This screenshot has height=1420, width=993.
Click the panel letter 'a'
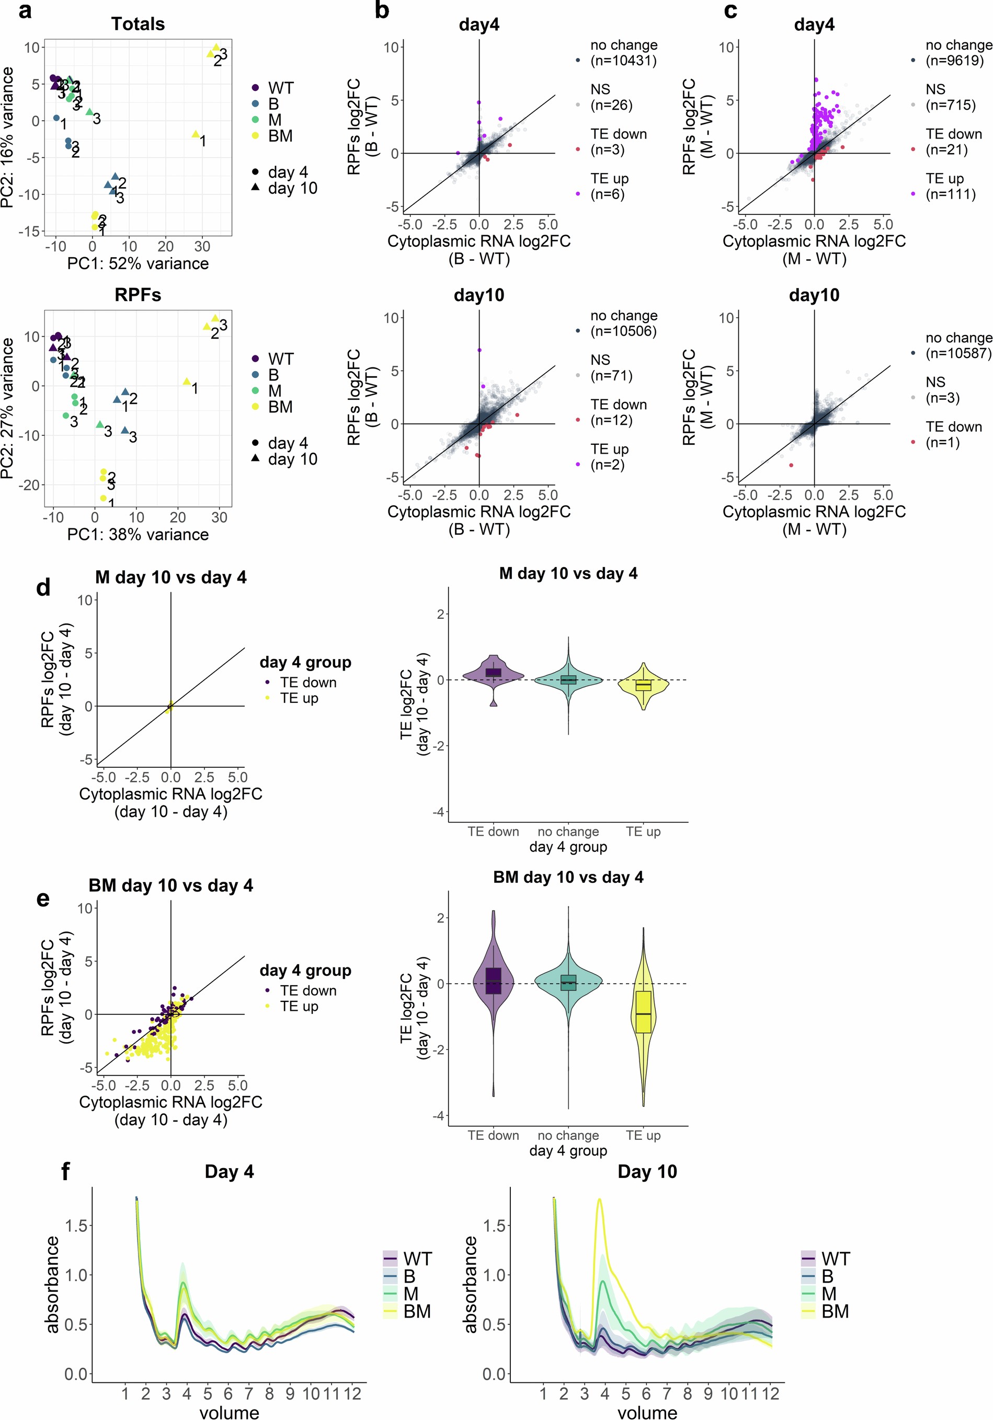click(x=25, y=10)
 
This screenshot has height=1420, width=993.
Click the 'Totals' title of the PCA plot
click(x=138, y=24)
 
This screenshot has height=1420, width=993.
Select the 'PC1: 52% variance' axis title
click(x=138, y=264)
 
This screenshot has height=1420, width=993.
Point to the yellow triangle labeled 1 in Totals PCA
click(x=196, y=134)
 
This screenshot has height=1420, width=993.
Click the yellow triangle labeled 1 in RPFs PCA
click(x=187, y=382)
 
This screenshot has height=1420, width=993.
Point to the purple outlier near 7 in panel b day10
click(x=479, y=350)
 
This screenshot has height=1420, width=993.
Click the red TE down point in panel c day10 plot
click(x=791, y=465)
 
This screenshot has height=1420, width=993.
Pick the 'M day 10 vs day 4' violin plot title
click(x=568, y=574)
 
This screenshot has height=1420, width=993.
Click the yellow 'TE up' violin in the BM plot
click(x=644, y=1014)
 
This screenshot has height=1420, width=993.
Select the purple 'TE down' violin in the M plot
click(x=493, y=673)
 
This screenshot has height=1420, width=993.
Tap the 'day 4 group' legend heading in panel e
click(x=305, y=971)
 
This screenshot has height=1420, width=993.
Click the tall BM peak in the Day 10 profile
click(x=599, y=1202)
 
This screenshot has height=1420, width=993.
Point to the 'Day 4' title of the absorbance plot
click(x=229, y=1171)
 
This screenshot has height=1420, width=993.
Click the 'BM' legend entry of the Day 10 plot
click(x=835, y=1311)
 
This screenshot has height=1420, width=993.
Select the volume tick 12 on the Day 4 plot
click(x=352, y=1393)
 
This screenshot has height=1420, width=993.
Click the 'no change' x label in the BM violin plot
click(x=568, y=1136)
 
